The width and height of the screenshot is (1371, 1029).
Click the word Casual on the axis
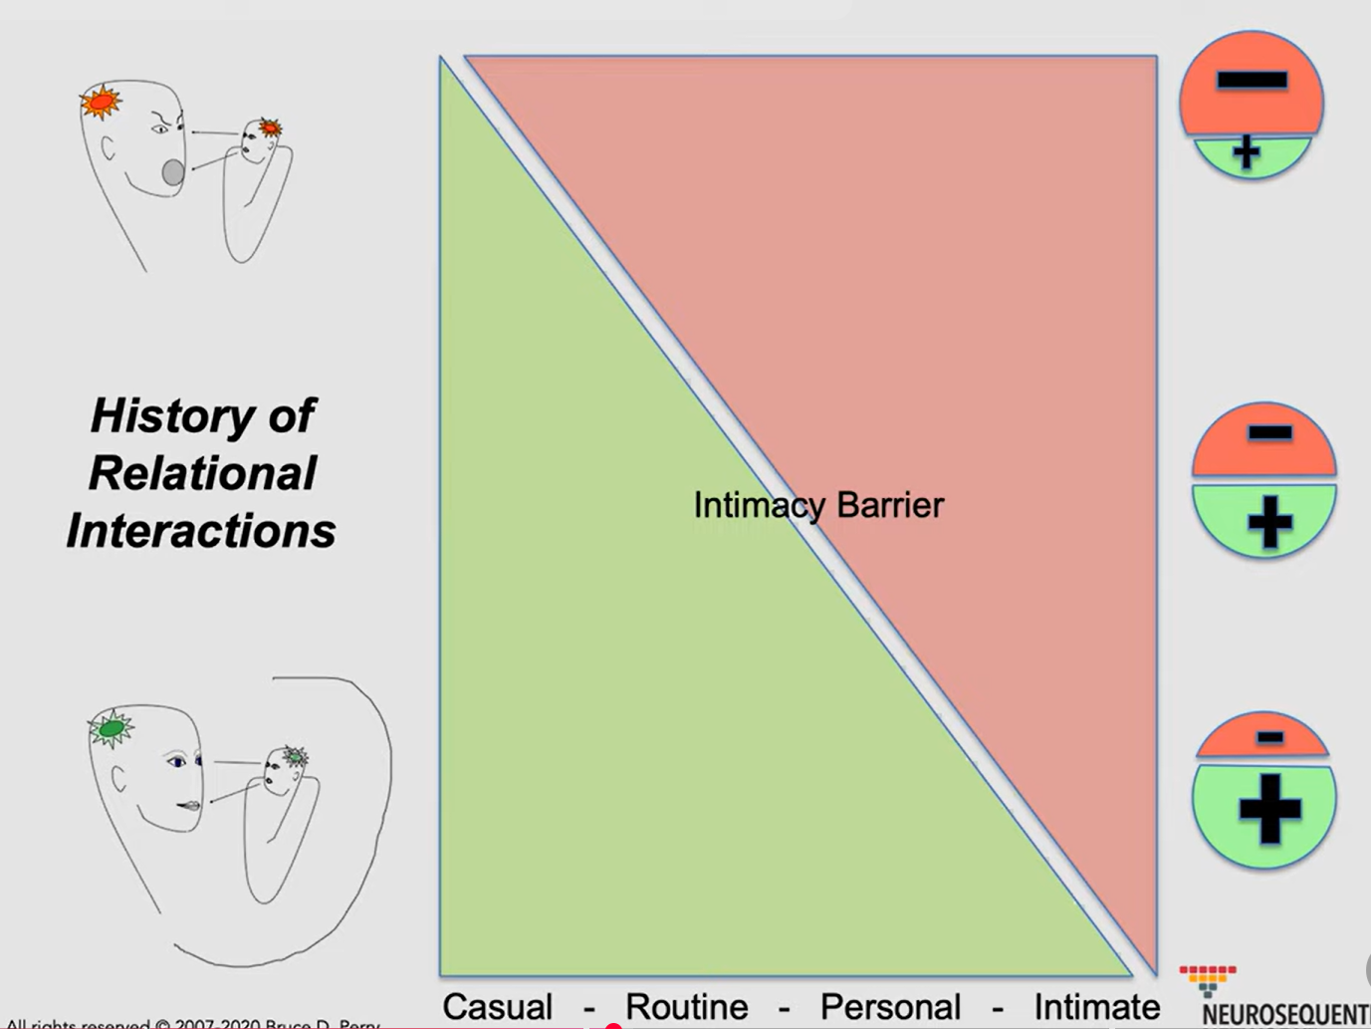click(497, 1006)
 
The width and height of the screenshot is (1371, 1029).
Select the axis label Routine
click(686, 1006)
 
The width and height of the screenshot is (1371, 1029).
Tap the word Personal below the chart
click(890, 1006)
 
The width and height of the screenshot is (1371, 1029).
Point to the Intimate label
click(1096, 1006)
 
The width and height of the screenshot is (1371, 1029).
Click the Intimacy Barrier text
click(818, 505)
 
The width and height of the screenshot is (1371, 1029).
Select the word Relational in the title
click(202, 473)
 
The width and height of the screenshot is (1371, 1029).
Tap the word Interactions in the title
click(201, 530)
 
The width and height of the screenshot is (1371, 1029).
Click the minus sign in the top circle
click(1252, 81)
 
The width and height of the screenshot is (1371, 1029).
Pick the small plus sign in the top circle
click(1246, 152)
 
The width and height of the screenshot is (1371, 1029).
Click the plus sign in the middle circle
click(1269, 523)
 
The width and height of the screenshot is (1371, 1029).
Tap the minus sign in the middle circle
click(1269, 432)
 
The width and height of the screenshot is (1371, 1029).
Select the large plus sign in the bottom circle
click(1269, 808)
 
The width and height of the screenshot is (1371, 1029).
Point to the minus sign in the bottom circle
click(1269, 737)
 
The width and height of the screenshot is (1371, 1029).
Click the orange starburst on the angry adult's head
click(101, 103)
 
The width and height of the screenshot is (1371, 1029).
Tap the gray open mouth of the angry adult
click(173, 172)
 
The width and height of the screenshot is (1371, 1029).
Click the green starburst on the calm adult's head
click(111, 729)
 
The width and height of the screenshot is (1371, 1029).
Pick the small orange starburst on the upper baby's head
click(270, 128)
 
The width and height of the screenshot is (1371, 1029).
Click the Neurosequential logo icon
click(1208, 977)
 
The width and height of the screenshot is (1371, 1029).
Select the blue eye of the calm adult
click(177, 762)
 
